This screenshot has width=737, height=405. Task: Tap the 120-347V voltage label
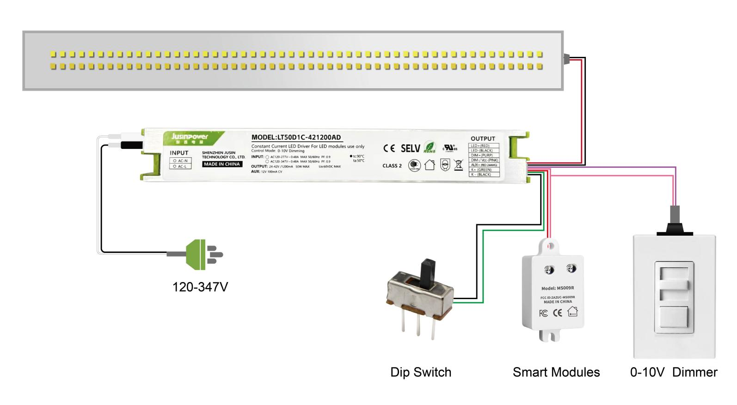(x=200, y=287)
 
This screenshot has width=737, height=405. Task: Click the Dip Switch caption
(x=420, y=372)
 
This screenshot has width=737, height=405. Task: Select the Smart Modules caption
(x=556, y=372)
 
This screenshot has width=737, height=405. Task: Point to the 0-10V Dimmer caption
(x=673, y=372)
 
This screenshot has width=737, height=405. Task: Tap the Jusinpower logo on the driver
(x=190, y=137)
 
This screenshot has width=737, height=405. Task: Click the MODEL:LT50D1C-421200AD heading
(x=296, y=137)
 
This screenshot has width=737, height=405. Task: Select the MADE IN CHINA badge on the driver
(x=222, y=164)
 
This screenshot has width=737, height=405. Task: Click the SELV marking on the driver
(x=410, y=148)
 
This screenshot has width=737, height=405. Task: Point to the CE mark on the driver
(x=389, y=148)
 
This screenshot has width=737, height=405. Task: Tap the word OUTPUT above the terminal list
(x=483, y=139)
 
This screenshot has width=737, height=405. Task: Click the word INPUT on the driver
(x=179, y=153)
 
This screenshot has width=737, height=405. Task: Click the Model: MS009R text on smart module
(x=557, y=288)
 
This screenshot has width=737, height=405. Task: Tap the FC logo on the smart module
(x=543, y=313)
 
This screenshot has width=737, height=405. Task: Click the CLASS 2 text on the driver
(x=392, y=166)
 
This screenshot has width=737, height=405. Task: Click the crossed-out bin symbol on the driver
(x=458, y=165)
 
